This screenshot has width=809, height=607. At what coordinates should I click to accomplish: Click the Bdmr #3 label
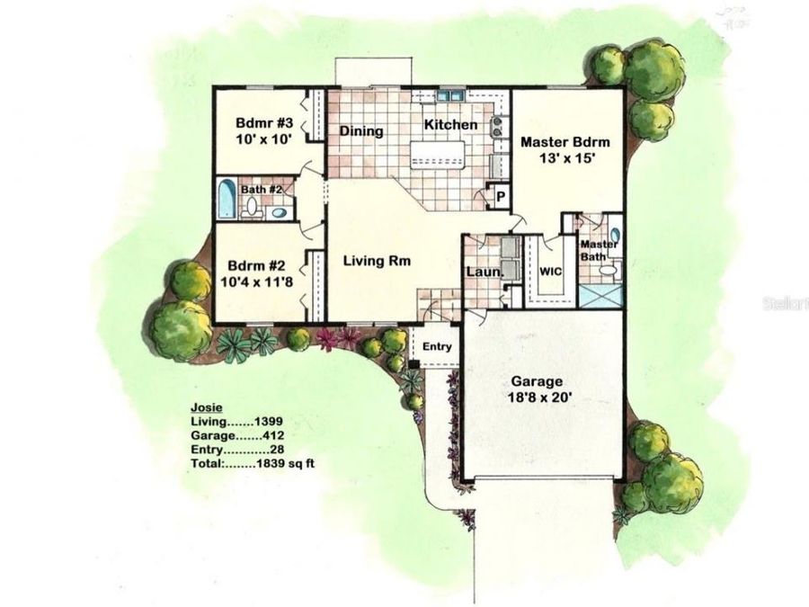coord(261,122)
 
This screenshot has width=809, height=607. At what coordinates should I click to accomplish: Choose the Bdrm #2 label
coord(256,266)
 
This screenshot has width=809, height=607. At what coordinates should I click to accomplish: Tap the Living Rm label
coord(378,262)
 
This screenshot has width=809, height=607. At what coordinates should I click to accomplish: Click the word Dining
coord(361,131)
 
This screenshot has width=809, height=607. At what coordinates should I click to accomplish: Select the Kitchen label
coord(450,125)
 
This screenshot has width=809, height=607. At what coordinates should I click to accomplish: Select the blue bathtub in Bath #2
coord(226,200)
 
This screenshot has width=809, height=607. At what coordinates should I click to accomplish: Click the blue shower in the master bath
coord(600,295)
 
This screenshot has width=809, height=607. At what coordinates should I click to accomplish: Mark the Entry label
coord(437,346)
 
